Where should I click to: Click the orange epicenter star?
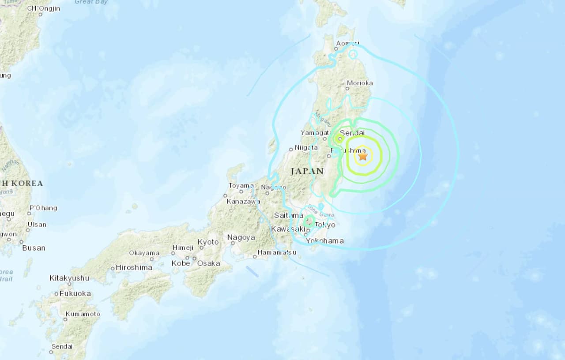point(363,156)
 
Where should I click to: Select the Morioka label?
point(360,83)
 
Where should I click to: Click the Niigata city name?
point(306,147)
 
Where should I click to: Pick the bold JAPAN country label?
point(308,171)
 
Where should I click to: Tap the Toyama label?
point(241,186)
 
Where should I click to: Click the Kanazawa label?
point(243,202)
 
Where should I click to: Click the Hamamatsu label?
point(277,252)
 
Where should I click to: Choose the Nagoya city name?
point(241,237)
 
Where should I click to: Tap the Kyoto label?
point(208,242)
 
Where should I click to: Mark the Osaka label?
point(208,263)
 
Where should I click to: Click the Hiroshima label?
point(134,267)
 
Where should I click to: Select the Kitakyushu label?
point(69,278)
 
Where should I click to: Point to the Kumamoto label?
point(83,314)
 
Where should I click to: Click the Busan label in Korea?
point(34,248)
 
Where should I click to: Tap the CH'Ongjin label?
point(43,8)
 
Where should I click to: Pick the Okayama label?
point(144,253)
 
